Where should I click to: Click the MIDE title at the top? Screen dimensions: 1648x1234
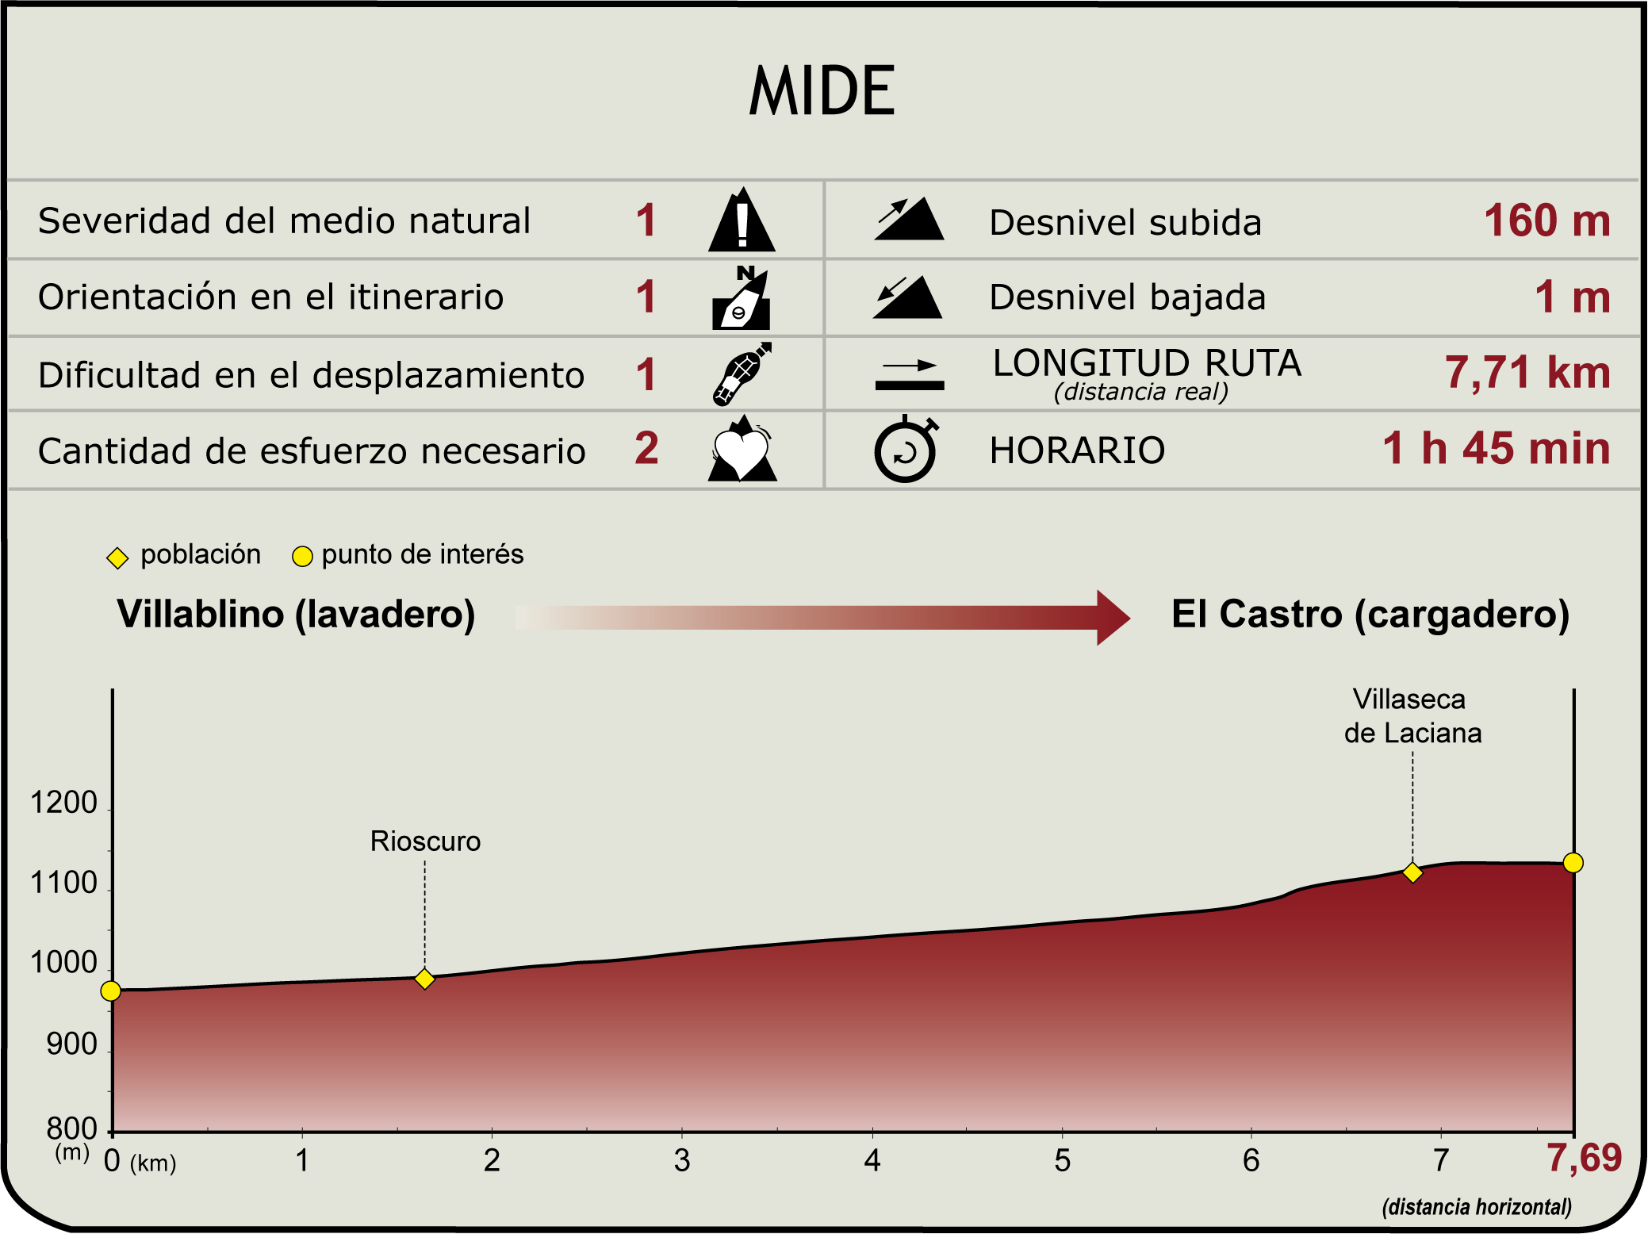[x=822, y=90]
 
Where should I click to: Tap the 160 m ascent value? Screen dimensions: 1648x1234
[x=1547, y=220]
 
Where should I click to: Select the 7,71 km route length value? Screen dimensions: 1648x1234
[x=1527, y=373]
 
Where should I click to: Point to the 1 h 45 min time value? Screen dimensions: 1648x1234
[x=1497, y=448]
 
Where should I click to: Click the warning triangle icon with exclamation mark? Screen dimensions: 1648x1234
[x=742, y=220]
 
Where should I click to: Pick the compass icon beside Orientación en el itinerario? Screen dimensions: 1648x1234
[x=742, y=297]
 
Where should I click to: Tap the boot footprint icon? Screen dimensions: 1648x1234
[x=742, y=374]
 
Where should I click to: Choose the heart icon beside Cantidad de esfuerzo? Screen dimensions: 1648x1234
[x=742, y=448]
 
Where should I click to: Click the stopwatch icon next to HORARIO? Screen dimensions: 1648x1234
[x=906, y=449]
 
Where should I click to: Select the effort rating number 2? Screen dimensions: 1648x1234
[x=646, y=448]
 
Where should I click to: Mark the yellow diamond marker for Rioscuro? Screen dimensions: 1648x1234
[x=425, y=979]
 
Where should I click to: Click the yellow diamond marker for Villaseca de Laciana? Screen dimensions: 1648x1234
[x=1412, y=872]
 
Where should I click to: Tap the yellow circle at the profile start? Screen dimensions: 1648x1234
[x=111, y=991]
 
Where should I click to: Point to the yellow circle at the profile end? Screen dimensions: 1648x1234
[x=1573, y=862]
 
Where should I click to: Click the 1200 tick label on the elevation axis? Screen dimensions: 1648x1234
[x=63, y=803]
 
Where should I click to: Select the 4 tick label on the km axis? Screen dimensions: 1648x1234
[x=872, y=1160]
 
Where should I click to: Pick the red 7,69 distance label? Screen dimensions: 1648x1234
[x=1584, y=1159]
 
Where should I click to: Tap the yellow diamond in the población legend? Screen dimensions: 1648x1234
[x=117, y=558]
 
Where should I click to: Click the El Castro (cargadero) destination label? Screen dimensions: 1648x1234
[x=1370, y=615]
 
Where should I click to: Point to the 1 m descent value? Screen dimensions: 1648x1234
[x=1573, y=297]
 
